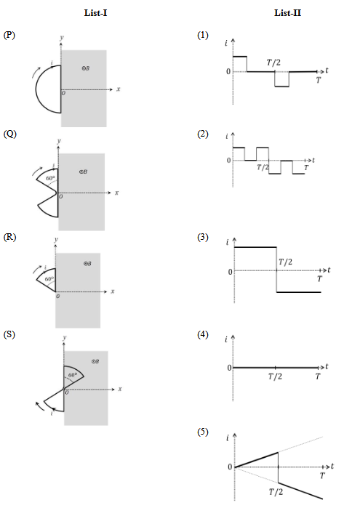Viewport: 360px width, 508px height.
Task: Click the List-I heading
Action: (95, 13)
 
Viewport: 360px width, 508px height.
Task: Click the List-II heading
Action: (288, 13)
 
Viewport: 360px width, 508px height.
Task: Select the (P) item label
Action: (9, 35)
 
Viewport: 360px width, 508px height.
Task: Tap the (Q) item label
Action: (9, 134)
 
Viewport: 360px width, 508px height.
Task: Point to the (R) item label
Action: (9, 237)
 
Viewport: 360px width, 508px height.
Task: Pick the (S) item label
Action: (9, 334)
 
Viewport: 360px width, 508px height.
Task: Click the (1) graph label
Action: (203, 35)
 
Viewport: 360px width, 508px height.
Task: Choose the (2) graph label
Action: (203, 134)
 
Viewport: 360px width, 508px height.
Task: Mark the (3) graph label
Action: (203, 237)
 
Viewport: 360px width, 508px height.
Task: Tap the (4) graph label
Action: (203, 334)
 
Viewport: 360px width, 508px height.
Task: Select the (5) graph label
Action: (203, 432)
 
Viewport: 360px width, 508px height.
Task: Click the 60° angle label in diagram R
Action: (49, 279)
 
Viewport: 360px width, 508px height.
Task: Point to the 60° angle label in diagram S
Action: (73, 375)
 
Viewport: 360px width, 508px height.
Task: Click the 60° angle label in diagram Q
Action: (50, 178)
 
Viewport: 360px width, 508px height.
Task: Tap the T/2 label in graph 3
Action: (285, 262)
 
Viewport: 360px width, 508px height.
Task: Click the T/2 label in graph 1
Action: (273, 63)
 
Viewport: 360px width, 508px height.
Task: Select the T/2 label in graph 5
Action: (276, 492)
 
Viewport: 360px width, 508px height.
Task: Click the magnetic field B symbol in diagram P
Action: (86, 68)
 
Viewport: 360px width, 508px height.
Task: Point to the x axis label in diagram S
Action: (120, 389)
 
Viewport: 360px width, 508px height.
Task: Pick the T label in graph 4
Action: (318, 376)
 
